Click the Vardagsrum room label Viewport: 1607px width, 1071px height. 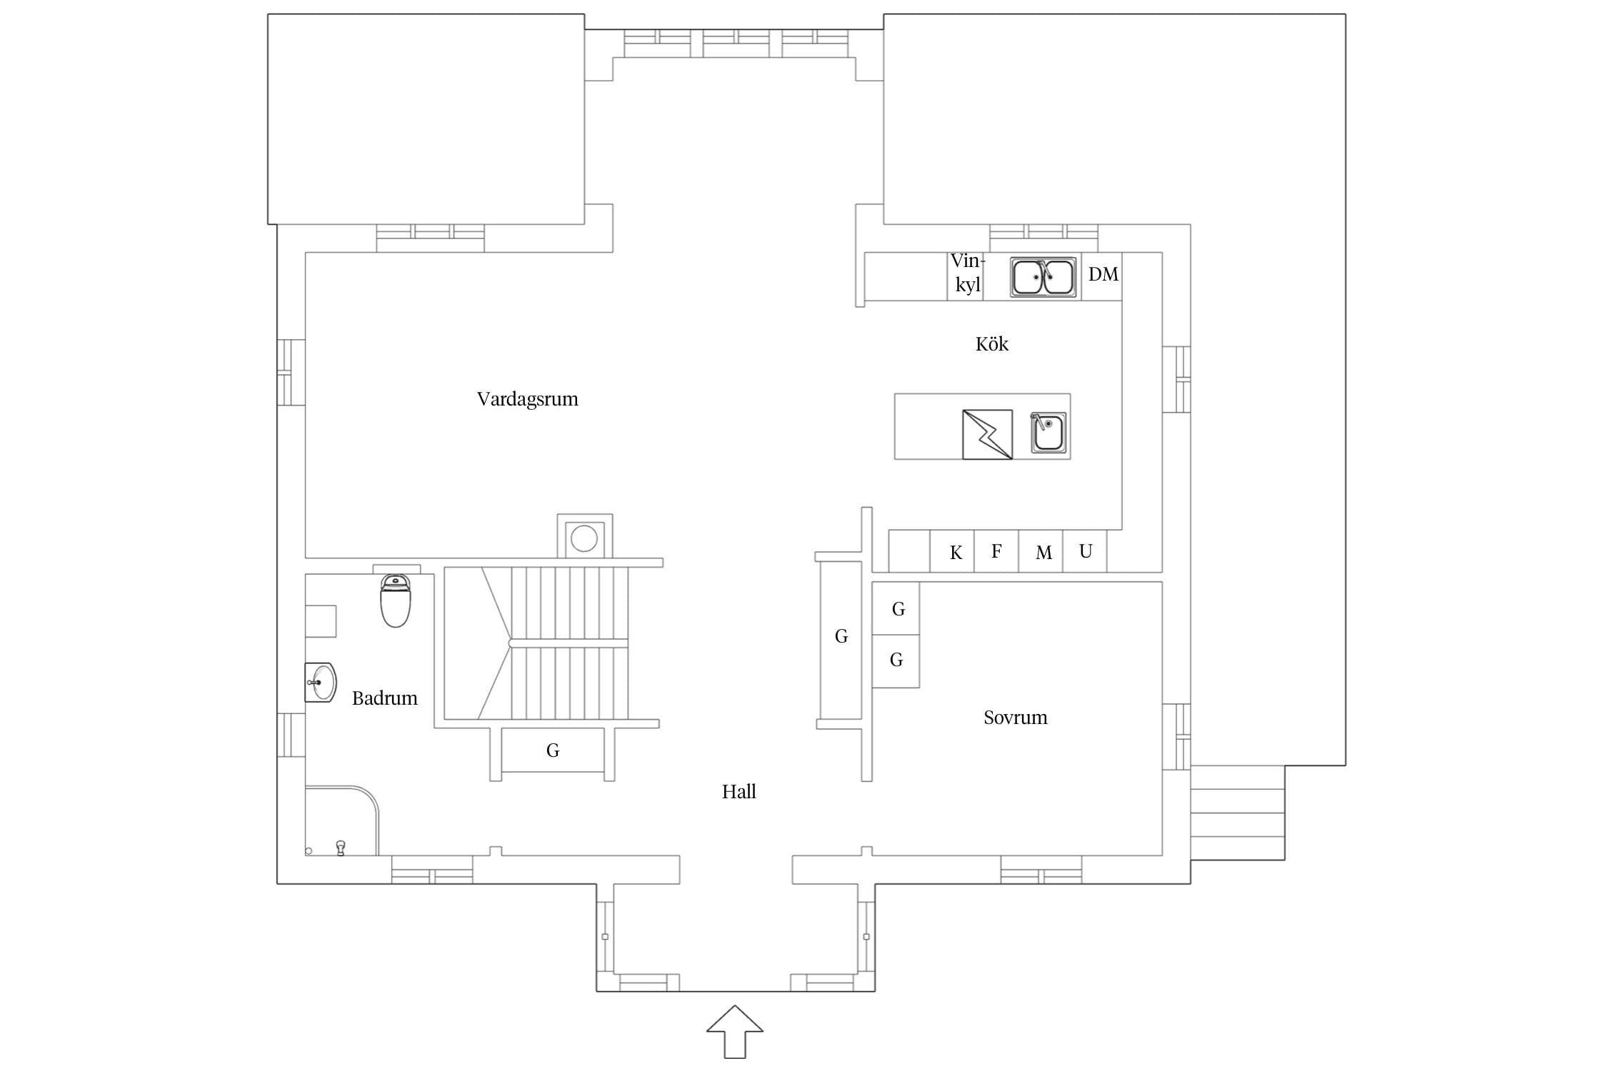pos(527,399)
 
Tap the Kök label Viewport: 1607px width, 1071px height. pos(991,344)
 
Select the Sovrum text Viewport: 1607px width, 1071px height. pos(1015,718)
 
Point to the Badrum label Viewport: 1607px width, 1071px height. pos(384,698)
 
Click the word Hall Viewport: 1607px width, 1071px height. pos(739,792)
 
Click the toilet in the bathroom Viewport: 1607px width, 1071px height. pos(396,600)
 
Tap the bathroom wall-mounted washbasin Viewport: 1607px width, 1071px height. pos(321,682)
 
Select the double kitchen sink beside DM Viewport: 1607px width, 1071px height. pos(1043,277)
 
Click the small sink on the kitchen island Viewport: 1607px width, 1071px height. pos(1048,433)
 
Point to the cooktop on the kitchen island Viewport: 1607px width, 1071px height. pos(987,434)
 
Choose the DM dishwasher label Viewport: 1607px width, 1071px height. pos(1103,275)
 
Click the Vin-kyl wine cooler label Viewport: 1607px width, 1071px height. pos(968,273)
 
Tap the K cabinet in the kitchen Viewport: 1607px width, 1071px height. pos(956,553)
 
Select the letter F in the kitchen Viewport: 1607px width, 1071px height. pos(996,551)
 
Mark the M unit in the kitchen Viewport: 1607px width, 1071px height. pos(1043,553)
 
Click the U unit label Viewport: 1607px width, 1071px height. pos(1086,551)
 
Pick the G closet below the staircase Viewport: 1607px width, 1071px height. pos(552,750)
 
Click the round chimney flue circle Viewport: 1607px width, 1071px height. pos(584,538)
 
